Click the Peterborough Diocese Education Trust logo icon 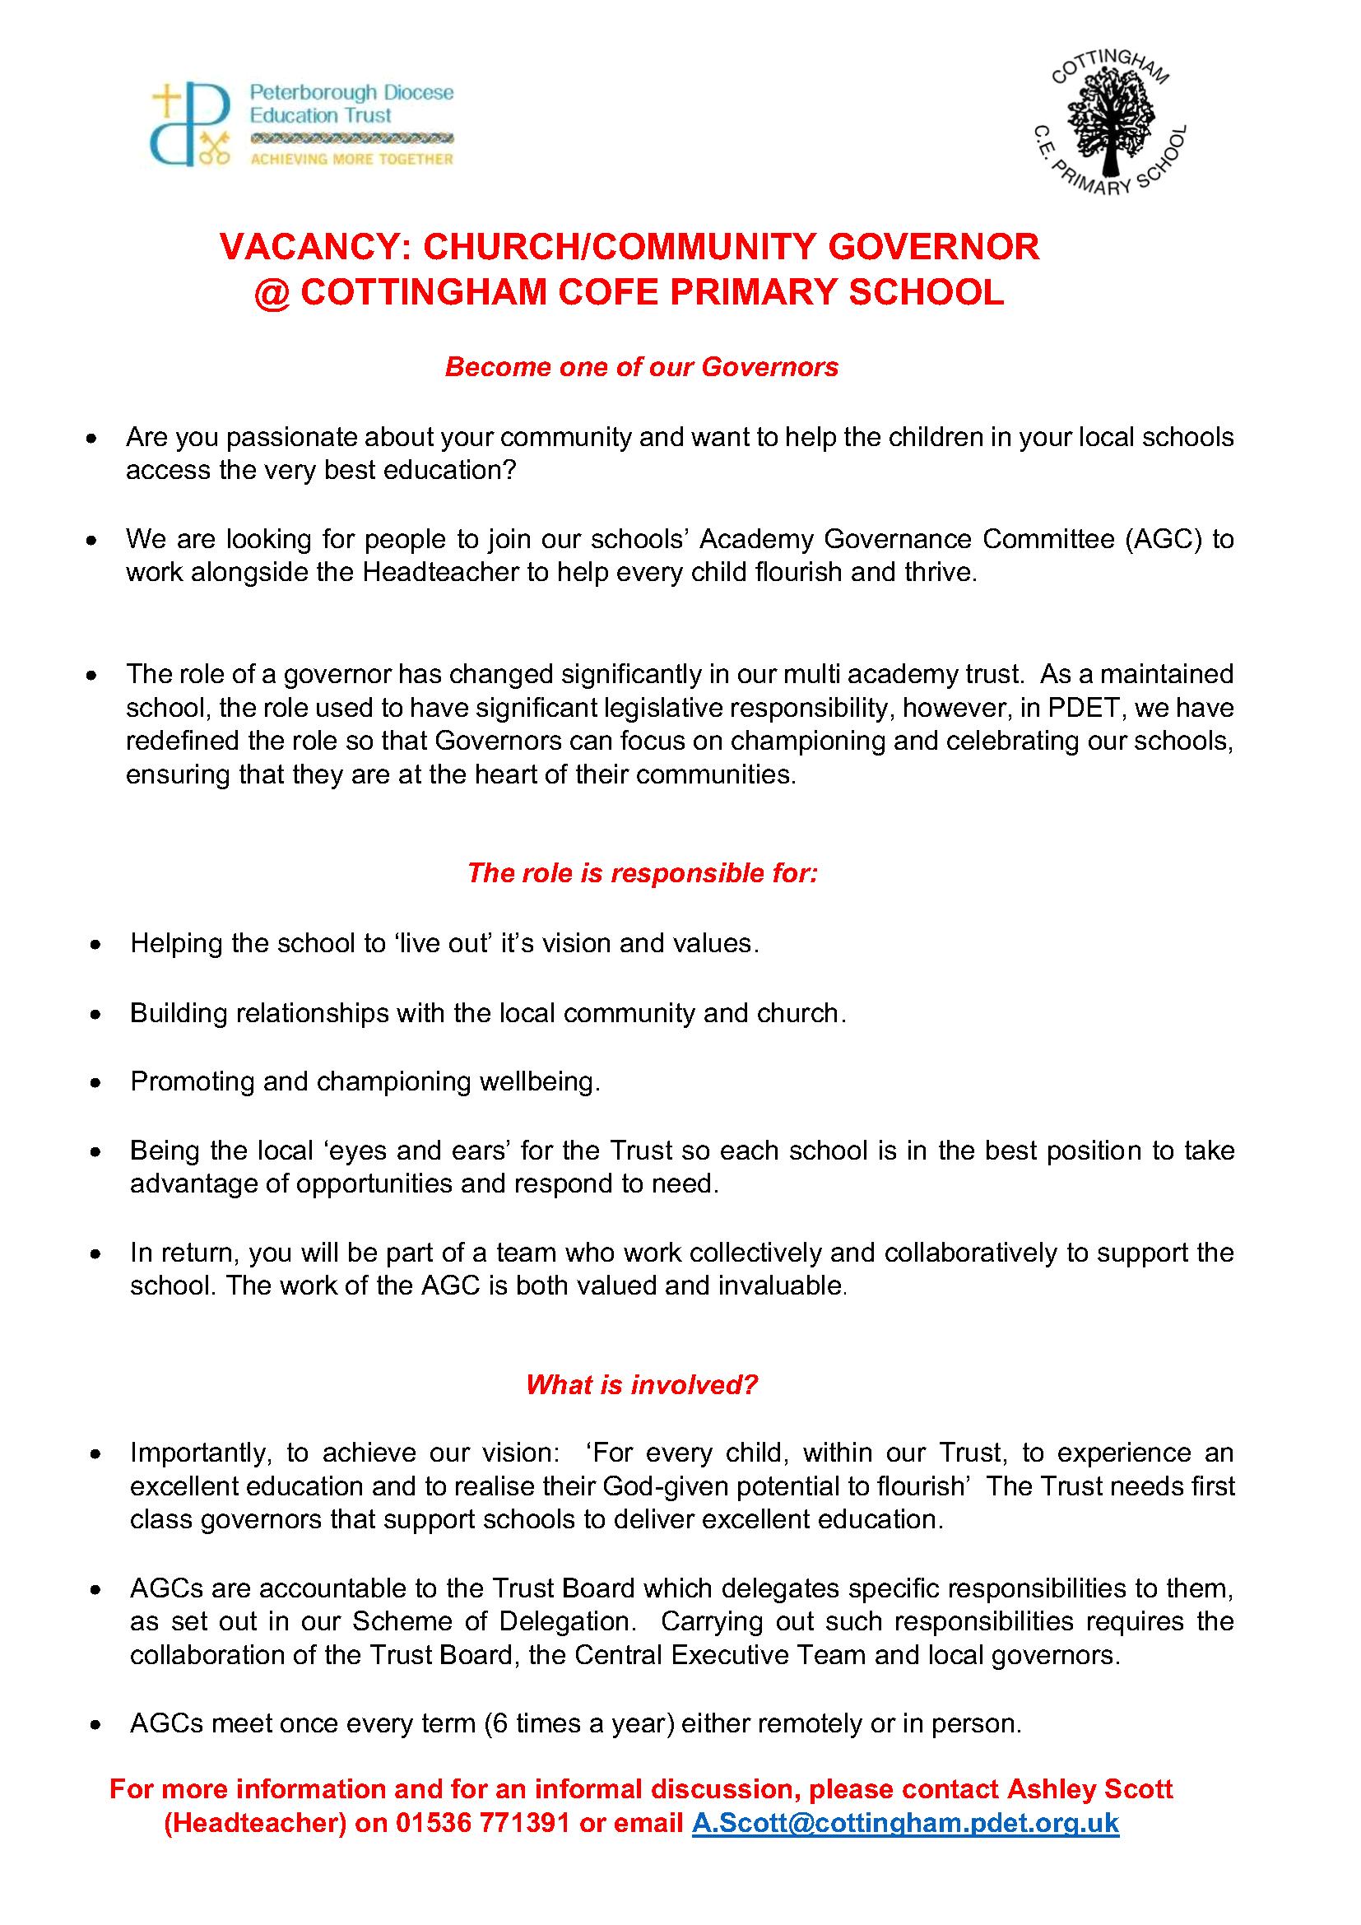click(x=190, y=123)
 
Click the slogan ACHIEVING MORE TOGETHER click(x=352, y=160)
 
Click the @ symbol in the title click(x=272, y=293)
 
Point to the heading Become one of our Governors click(x=641, y=367)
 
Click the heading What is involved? click(x=641, y=1384)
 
